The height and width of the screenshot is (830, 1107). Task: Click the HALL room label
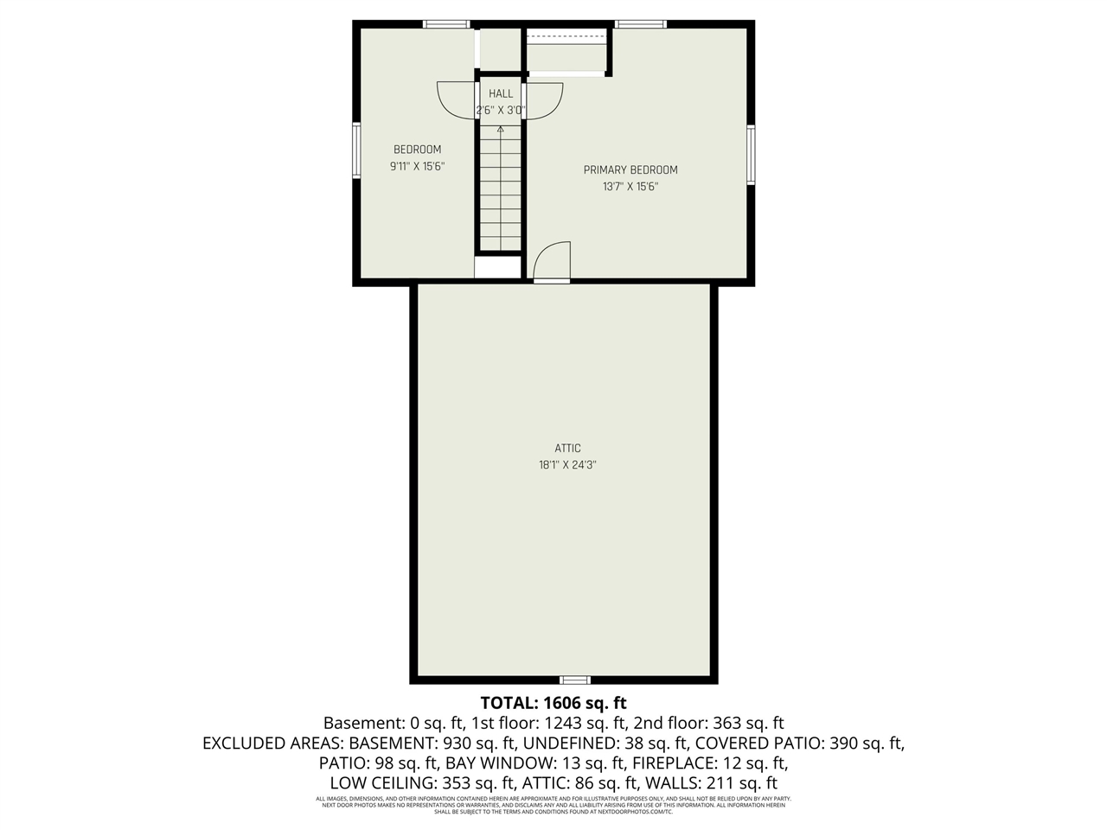tap(500, 93)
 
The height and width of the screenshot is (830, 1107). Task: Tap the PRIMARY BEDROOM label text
tap(630, 170)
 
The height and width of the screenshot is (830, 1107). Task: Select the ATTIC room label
tap(567, 448)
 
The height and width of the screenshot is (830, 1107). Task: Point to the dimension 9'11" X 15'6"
tap(417, 166)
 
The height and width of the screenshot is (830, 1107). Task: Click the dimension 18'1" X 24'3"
tap(567, 464)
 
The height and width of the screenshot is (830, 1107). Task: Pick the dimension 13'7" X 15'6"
tap(630, 187)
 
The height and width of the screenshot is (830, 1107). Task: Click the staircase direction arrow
tap(500, 130)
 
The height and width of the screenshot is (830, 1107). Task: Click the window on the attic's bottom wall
tap(574, 680)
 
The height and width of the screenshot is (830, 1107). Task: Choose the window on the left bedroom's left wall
tap(356, 150)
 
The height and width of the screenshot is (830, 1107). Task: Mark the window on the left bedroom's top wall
tap(446, 24)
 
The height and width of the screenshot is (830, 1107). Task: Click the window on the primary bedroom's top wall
tap(641, 24)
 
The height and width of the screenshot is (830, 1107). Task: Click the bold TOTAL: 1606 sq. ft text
tap(553, 702)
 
